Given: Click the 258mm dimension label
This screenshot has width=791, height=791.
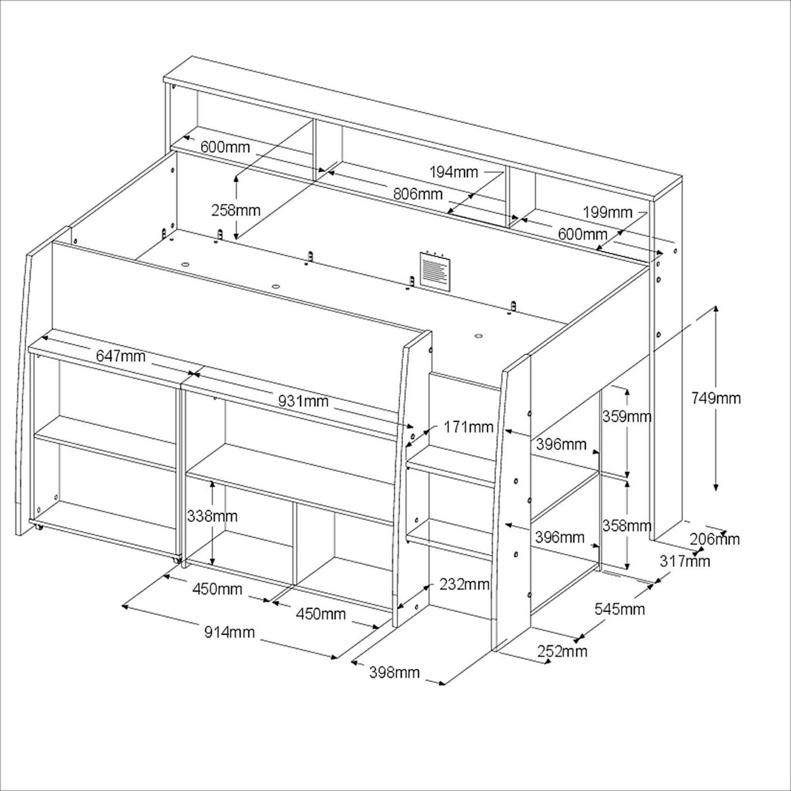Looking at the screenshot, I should (x=236, y=211).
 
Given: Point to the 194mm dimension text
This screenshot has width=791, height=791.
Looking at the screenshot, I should (x=454, y=173).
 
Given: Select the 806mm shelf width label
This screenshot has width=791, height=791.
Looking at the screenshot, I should (x=417, y=194).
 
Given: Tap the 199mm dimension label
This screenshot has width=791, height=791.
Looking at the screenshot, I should (x=608, y=213).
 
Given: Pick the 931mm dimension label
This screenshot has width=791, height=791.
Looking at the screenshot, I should (x=303, y=400).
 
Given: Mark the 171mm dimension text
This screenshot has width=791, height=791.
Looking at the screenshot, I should (x=469, y=427).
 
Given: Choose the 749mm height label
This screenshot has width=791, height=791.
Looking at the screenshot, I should (x=716, y=398).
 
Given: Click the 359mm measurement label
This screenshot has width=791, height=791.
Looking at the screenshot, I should (x=626, y=417).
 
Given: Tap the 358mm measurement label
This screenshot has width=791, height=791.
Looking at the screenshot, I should (x=626, y=526).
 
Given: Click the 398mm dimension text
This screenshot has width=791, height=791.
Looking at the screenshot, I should (x=395, y=673).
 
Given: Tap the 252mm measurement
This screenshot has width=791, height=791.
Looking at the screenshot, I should (x=562, y=652).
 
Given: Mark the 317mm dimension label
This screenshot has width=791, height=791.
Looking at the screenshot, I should (x=686, y=561).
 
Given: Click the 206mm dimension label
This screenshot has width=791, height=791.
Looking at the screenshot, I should (x=715, y=539).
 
